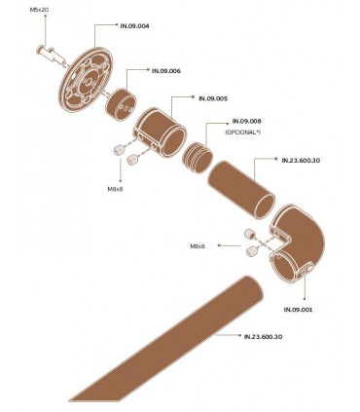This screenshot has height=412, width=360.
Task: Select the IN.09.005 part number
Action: (213, 98)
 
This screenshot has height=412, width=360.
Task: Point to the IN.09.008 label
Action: (247, 121)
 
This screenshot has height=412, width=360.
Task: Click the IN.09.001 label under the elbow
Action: (298, 309)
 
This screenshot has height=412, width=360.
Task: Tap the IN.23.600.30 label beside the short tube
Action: (301, 162)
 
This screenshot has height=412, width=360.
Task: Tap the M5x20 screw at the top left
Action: (45, 47)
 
